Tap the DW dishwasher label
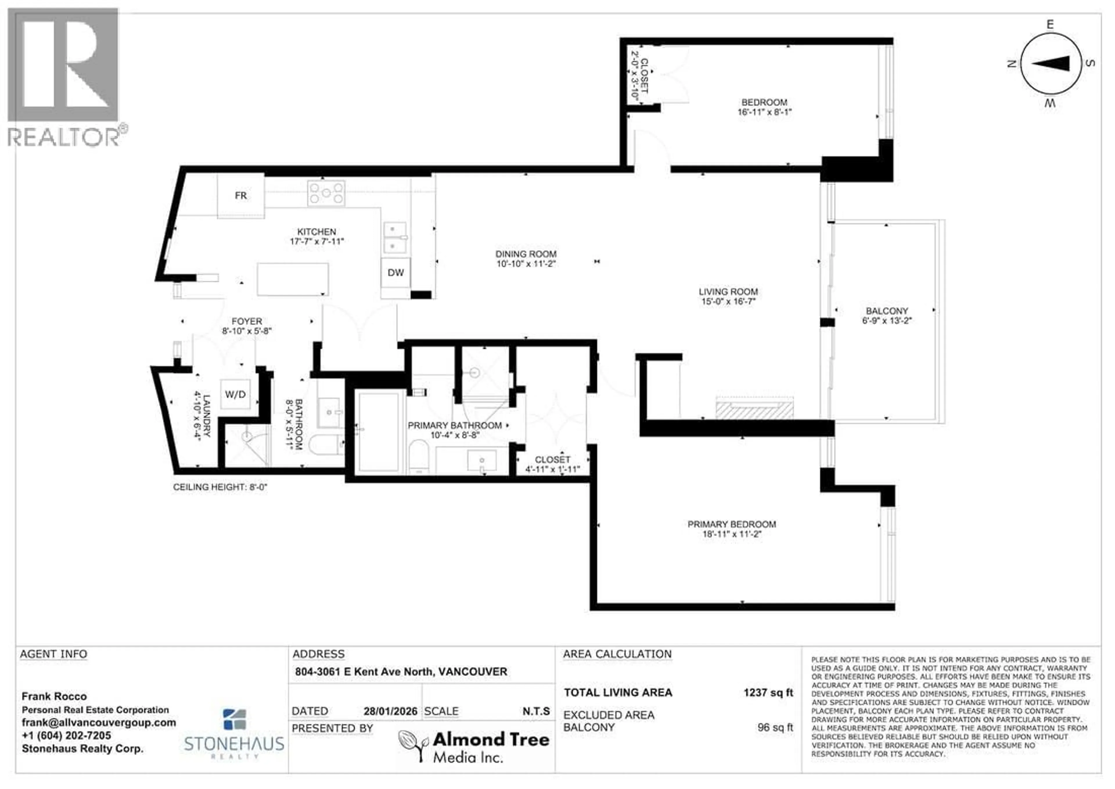395,272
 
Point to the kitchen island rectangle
292,279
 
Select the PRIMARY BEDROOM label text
731,524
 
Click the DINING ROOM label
526,254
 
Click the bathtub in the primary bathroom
378,431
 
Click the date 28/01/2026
390,711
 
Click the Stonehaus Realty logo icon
234,720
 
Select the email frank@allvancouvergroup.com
99,722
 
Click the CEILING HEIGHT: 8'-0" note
220,487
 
